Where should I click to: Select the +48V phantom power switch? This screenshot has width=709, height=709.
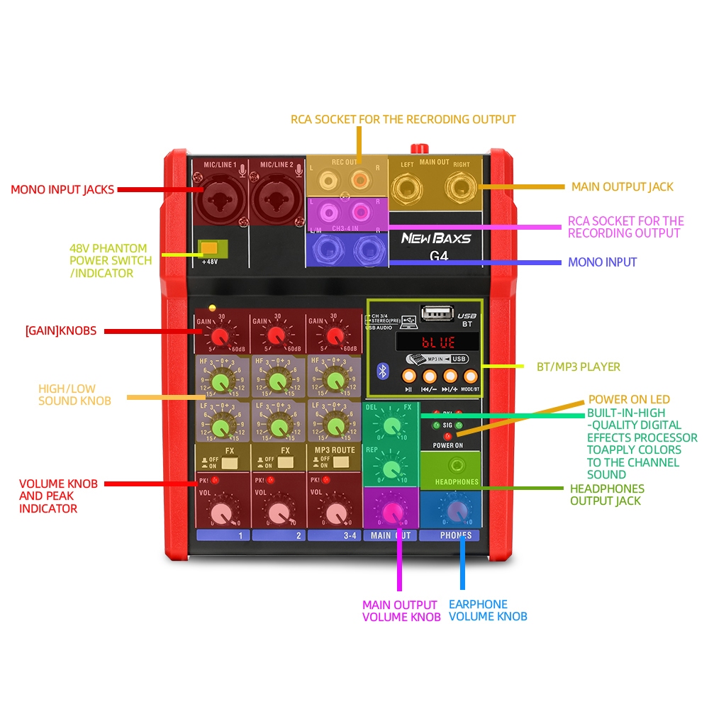point(211,248)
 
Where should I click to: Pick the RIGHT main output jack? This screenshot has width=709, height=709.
point(461,187)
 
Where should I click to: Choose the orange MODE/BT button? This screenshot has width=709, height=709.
point(470,376)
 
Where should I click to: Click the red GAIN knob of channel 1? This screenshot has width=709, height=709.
point(221,335)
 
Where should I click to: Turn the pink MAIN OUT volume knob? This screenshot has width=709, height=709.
point(390,511)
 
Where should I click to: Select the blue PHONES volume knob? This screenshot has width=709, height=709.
point(451,511)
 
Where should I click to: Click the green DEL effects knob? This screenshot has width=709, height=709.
point(390,425)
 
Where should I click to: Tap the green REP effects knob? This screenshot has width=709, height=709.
point(390,468)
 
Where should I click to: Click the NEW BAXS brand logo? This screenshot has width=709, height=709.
point(436,238)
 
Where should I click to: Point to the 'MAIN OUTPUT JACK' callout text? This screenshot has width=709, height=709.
point(622,186)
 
